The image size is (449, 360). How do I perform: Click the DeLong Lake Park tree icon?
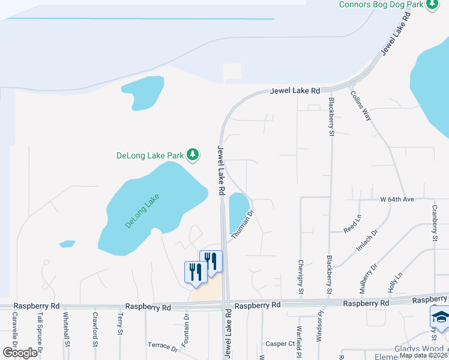pos(193,155)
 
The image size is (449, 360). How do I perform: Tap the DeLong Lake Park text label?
pos(149,155)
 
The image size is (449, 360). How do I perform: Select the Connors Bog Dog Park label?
pos(381,4)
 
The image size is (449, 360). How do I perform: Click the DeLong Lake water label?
pos(142,211)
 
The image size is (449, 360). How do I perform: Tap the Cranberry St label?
pos(435,223)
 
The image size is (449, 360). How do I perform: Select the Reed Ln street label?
pos(352,225)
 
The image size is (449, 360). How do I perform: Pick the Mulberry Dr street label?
pos(367,279)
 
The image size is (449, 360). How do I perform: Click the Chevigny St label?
pos(301,275)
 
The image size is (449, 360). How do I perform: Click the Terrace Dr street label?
pos(163,347)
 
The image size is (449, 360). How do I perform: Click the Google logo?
pos(20,353)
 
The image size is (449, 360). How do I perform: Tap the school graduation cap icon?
pos(441,317)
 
